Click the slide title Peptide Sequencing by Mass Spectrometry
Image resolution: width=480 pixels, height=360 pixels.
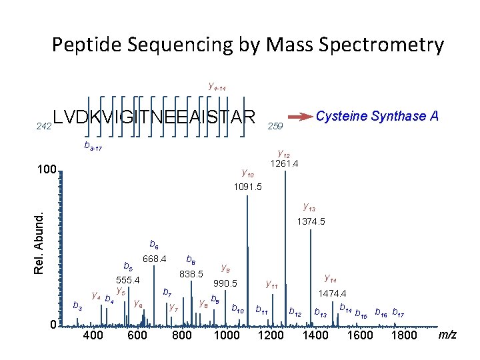coord(247,45)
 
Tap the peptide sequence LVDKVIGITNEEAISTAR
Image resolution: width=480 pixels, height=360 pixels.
coord(154,117)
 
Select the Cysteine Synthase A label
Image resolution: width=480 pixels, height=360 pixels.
coord(377,116)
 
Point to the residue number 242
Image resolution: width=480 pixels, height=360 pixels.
coord(43,125)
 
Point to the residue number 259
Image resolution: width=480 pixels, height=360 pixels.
coord(275,125)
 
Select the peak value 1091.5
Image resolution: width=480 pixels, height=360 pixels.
coord(248,187)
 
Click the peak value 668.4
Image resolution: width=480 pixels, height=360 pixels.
coord(154,259)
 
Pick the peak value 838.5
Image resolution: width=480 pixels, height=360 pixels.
coord(191,273)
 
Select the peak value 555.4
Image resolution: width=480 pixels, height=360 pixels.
coord(126,280)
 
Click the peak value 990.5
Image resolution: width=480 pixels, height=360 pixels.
coord(225,283)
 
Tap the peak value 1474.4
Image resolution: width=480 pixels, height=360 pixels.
coord(332,293)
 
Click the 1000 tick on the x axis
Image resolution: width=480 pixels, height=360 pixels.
coord(226,335)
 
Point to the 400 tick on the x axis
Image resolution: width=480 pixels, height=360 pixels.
coord(92,335)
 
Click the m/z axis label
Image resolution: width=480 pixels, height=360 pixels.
coord(447,334)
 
